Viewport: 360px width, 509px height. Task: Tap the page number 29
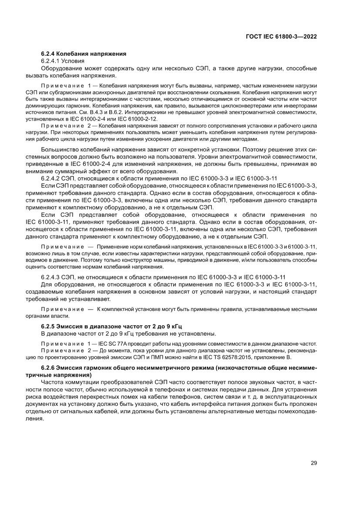pos(313,463)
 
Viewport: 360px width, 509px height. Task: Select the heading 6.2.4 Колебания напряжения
pos(84,54)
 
